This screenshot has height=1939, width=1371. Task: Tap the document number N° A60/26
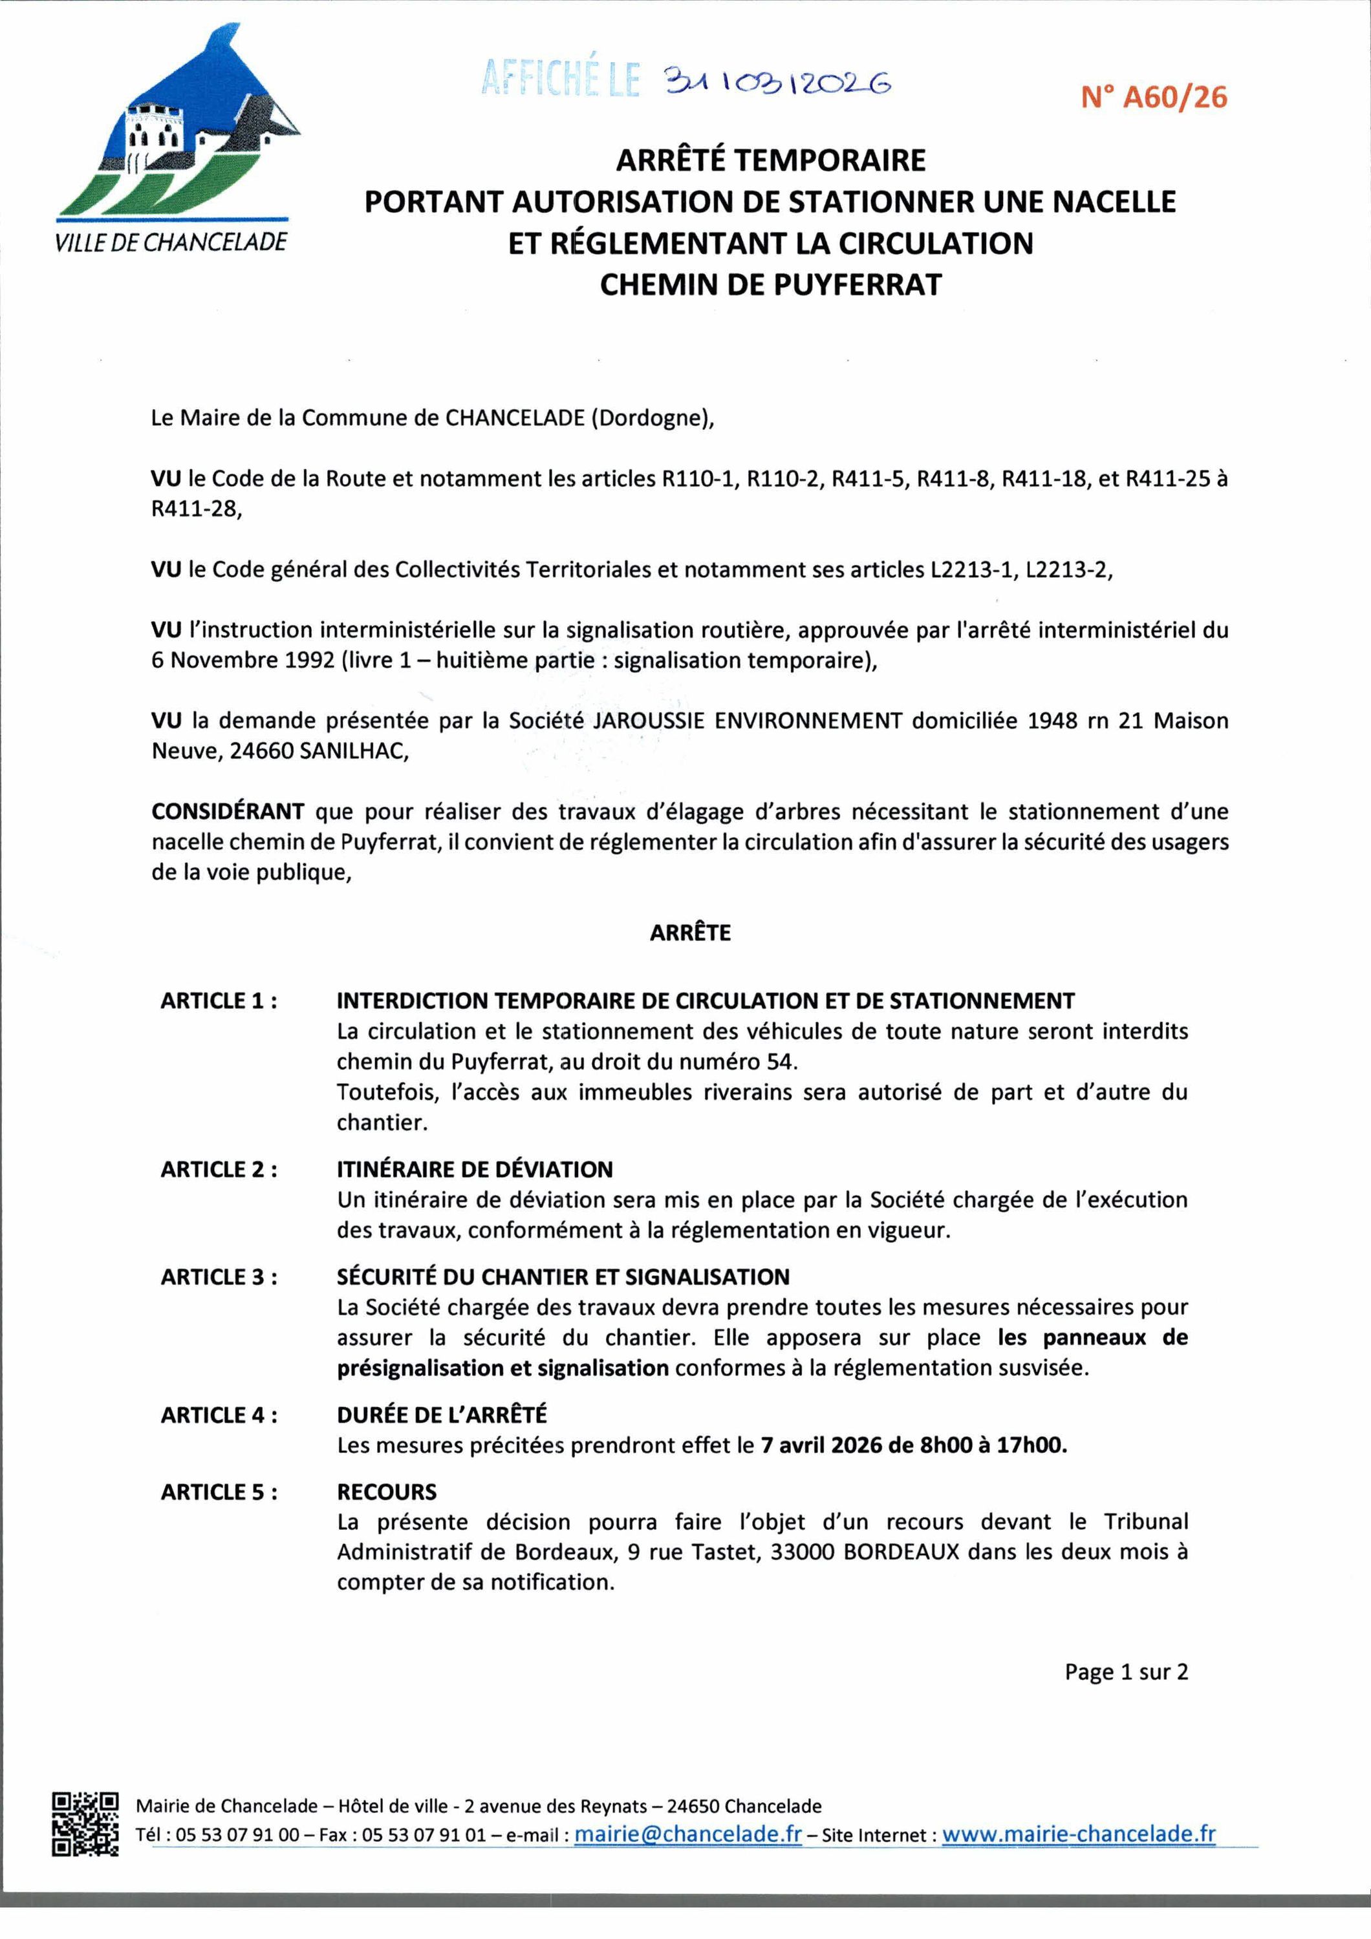pos(1154,98)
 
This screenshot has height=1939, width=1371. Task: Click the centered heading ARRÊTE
pos(690,933)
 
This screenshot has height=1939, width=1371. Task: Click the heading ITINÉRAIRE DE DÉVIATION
pos(475,1171)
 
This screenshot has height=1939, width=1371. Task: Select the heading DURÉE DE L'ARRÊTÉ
pos(442,1415)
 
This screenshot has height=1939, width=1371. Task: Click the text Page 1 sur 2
pos(1126,1672)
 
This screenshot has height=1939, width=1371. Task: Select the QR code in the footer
pos(85,1824)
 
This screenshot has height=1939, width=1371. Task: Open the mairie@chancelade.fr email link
pos(687,1835)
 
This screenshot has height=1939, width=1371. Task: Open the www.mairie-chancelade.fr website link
pos(1079,1835)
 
